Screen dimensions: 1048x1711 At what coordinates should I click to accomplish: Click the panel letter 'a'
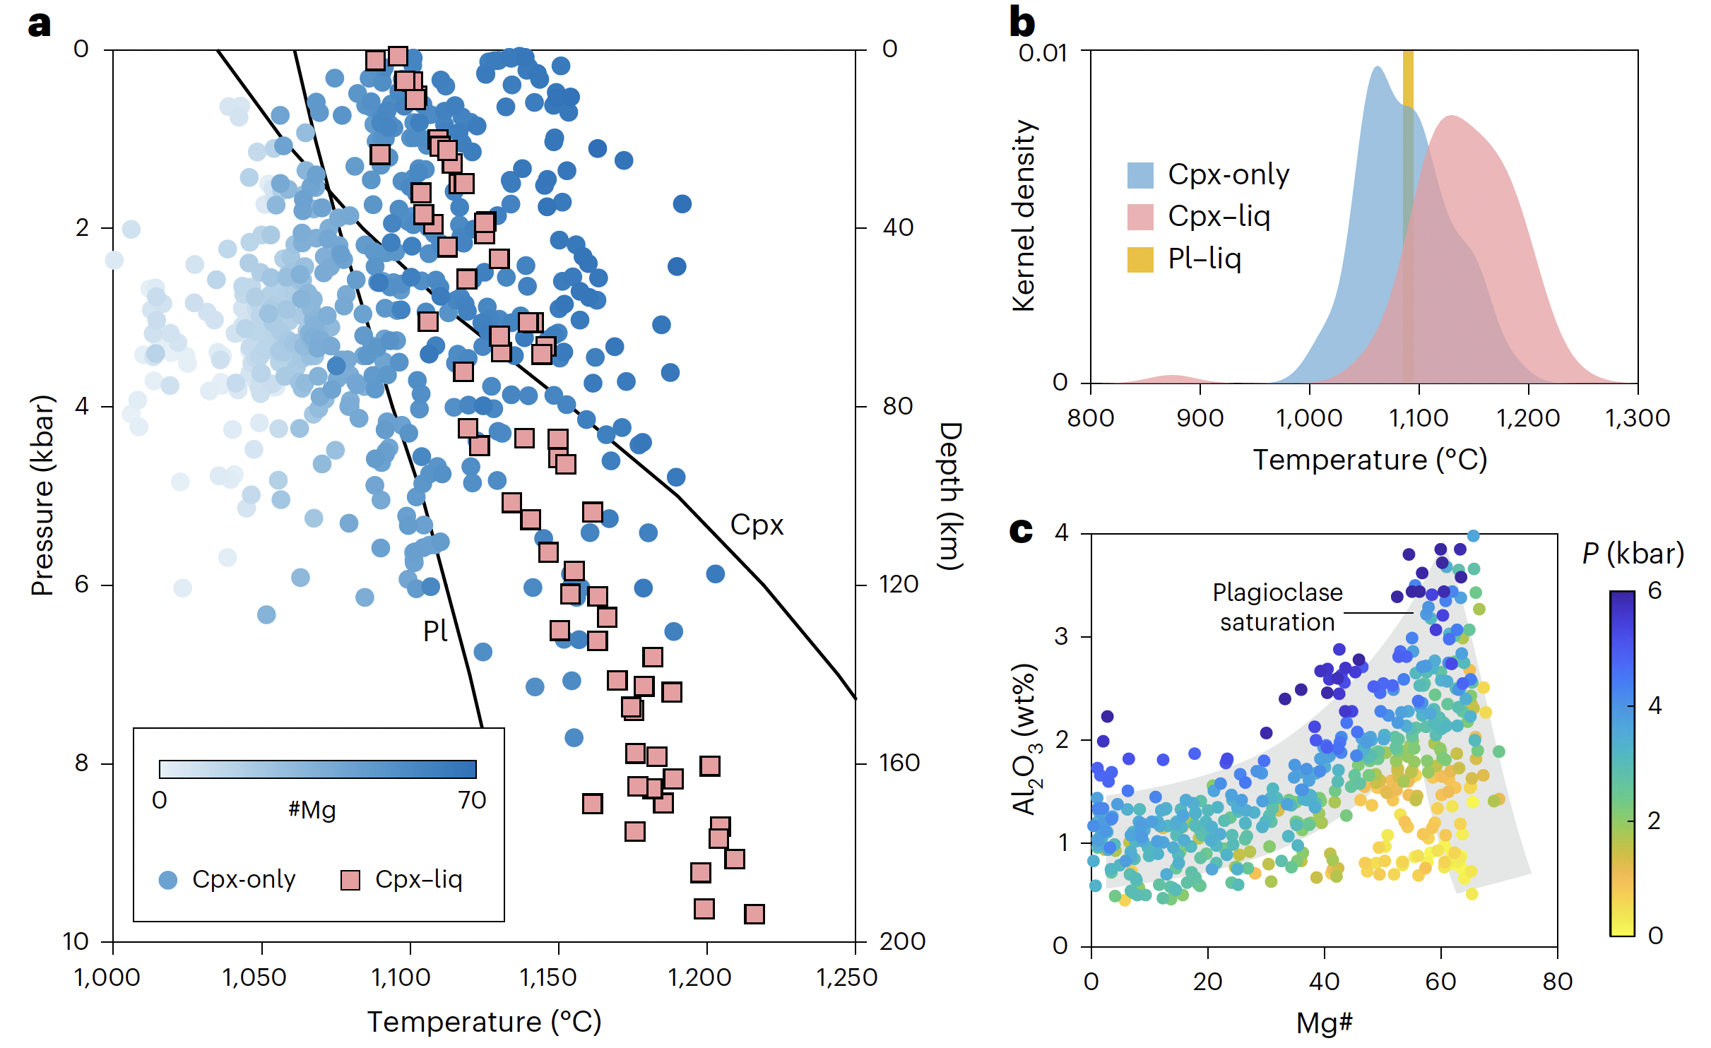[x=39, y=25]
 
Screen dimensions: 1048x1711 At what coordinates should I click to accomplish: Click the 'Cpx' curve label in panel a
[x=757, y=525]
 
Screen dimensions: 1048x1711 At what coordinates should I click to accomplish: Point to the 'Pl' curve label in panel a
[x=435, y=631]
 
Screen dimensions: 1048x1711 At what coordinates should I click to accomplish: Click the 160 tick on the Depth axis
[x=899, y=763]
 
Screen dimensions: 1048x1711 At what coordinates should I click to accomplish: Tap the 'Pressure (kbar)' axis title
[x=42, y=494]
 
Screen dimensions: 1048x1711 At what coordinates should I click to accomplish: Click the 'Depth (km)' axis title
[x=951, y=496]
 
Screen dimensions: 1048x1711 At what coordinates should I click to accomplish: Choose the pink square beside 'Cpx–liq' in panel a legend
[x=350, y=880]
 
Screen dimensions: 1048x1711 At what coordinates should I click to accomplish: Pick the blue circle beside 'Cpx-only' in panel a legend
[x=168, y=880]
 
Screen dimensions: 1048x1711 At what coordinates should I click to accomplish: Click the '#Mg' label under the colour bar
[x=312, y=809]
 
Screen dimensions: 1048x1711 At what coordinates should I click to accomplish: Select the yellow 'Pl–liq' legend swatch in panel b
[x=1140, y=259]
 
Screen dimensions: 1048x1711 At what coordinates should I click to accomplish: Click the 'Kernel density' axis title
[x=1024, y=215]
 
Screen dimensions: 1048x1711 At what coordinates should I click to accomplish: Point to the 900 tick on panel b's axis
[x=1200, y=418]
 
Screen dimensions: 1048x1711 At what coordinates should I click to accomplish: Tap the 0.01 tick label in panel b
[x=1043, y=53]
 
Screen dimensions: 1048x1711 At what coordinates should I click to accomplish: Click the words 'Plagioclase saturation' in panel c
[x=1277, y=607]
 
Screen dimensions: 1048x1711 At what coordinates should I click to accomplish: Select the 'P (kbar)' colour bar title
[x=1633, y=553]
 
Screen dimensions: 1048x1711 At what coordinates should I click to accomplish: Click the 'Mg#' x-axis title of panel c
[x=1324, y=1023]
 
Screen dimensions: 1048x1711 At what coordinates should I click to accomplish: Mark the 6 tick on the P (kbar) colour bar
[x=1654, y=590]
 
